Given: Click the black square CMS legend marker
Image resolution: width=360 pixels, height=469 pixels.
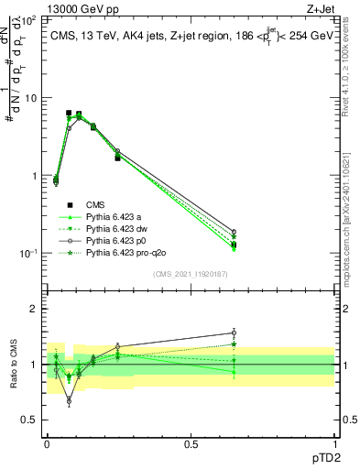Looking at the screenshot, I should click(x=69, y=204).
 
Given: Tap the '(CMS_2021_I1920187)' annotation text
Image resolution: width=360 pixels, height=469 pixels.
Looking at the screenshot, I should click(x=191, y=272).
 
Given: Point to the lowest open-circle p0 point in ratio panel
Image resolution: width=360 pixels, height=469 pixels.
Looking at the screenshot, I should click(x=69, y=401).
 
